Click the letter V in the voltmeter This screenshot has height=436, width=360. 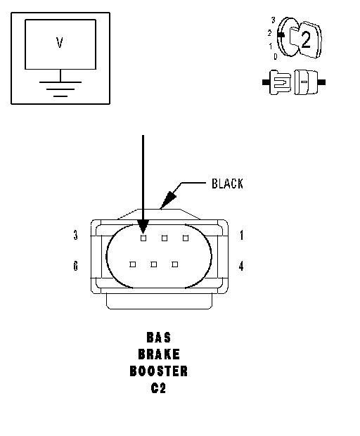tap(60, 42)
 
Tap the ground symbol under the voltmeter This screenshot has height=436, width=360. tap(60, 89)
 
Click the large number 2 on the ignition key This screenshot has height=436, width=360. tap(305, 40)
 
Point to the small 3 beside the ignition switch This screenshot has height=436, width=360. tap(274, 20)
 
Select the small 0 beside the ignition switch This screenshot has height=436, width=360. tap(275, 56)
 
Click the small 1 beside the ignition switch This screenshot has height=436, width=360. tap(270, 46)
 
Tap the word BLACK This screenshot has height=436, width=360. tap(227, 184)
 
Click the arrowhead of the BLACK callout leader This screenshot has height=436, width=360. tap(168, 200)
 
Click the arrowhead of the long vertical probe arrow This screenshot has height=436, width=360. tap(143, 226)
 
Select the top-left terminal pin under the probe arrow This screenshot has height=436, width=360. tap(143, 238)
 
